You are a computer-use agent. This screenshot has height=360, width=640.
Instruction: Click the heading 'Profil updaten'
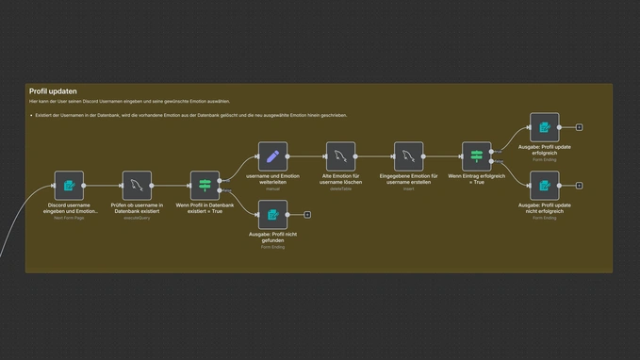52,91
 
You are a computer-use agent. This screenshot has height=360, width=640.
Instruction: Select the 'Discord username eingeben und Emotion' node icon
70,186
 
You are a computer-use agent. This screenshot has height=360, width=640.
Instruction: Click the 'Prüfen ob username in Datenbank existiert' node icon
138,186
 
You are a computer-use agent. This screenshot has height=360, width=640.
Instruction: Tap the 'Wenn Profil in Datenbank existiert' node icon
205,186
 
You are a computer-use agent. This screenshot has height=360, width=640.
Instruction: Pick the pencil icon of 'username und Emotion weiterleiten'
273,156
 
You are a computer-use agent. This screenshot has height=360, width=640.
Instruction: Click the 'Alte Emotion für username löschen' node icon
340,156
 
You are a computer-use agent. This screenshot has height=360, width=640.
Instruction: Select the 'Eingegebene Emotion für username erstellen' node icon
408,156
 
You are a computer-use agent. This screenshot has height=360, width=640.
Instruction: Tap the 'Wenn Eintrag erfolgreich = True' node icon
476,156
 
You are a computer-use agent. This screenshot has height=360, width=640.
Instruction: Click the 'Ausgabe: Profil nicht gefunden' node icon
273,214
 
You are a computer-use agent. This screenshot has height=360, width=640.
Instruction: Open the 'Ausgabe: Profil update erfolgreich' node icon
544,127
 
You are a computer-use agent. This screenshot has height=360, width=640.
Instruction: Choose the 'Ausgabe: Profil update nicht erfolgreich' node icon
544,186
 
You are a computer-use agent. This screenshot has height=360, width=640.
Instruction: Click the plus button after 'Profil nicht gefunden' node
307,214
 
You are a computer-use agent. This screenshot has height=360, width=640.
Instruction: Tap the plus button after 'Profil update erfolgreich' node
579,127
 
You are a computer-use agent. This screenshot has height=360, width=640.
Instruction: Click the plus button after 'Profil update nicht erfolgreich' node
579,186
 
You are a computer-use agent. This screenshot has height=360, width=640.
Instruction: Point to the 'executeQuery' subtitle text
138,218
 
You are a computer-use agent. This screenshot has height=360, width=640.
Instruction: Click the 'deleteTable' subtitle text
340,189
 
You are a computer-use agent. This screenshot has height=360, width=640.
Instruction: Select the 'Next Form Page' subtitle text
70,218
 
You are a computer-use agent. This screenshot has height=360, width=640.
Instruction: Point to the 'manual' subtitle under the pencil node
273,189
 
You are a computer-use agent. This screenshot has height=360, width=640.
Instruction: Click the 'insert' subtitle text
408,189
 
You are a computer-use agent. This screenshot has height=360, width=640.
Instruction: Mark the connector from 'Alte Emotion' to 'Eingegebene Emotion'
374,156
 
